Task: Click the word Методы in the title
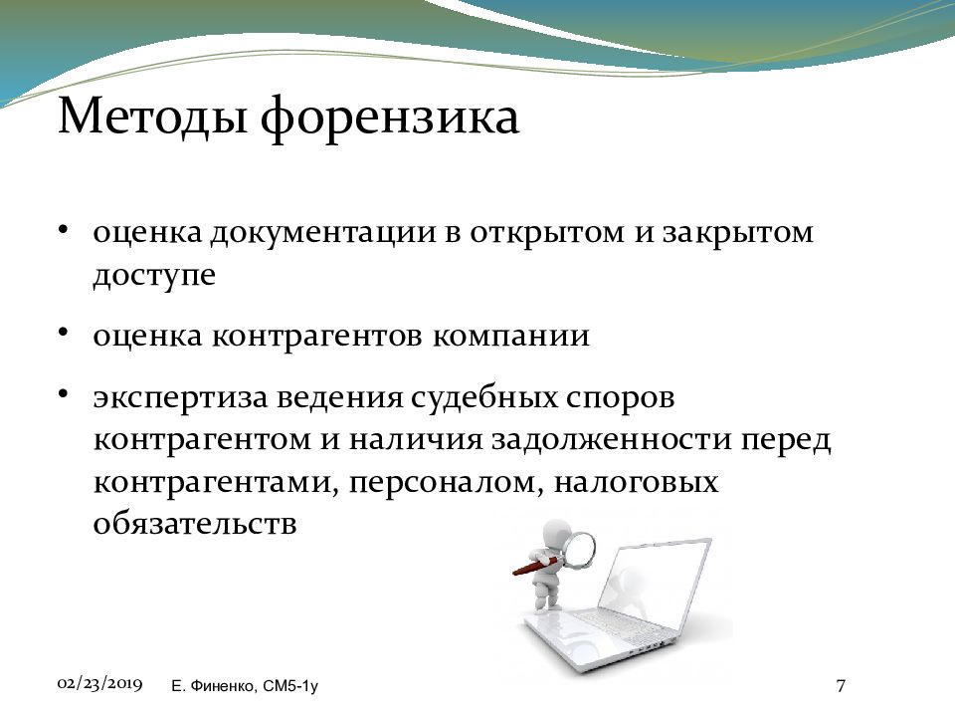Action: (x=152, y=116)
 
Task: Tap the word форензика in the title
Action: (x=390, y=119)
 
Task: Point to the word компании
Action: (x=511, y=336)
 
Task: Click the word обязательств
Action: (x=195, y=524)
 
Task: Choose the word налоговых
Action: (x=636, y=482)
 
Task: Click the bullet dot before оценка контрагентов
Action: (x=63, y=332)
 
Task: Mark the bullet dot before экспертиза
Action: (x=63, y=394)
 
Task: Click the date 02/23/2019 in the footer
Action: (x=99, y=683)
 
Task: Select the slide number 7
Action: (x=841, y=686)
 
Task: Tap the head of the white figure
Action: (x=555, y=533)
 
